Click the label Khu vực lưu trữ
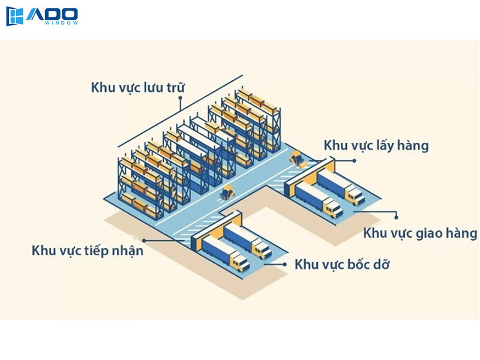tap(137, 87)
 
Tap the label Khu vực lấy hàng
tap(376, 145)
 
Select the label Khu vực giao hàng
tap(420, 233)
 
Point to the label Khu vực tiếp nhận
tap(88, 250)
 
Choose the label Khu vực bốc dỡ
tap(342, 264)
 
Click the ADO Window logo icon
tap(14, 17)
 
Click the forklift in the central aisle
tap(227, 192)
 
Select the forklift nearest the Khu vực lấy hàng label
tap(296, 159)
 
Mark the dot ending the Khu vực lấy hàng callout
tap(354, 161)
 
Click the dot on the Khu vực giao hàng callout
tap(396, 214)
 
